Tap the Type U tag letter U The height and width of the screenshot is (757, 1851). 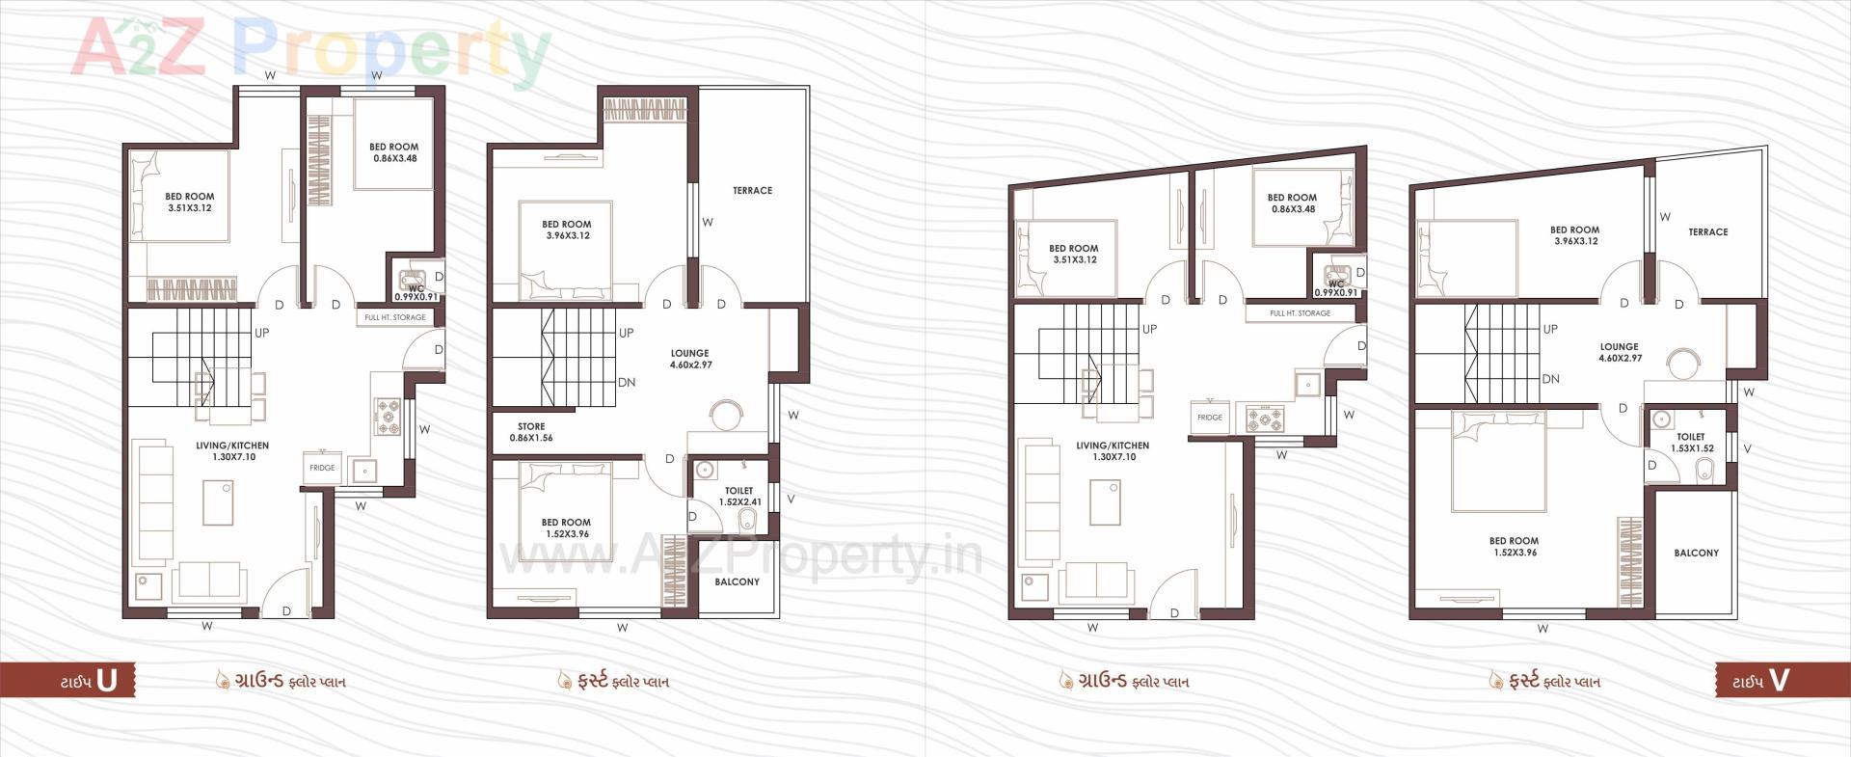107,681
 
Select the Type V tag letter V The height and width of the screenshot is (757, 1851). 1779,681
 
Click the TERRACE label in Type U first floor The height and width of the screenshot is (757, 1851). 752,191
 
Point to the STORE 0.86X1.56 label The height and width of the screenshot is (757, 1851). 531,432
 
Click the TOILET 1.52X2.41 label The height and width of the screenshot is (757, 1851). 739,497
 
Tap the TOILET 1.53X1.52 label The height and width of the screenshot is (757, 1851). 1691,443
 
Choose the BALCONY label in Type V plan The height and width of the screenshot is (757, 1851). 1696,554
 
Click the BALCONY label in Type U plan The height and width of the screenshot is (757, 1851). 737,582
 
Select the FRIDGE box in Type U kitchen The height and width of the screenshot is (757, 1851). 322,468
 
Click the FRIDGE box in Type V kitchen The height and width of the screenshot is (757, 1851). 1210,418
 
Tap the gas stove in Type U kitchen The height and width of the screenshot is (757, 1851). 388,416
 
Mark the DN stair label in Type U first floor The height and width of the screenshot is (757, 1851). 627,383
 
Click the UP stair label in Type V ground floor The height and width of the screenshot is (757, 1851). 1149,329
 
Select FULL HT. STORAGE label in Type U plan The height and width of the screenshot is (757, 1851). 395,317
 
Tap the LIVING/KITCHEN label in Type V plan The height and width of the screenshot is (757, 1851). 1113,451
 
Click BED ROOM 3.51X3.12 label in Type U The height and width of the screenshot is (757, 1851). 189,203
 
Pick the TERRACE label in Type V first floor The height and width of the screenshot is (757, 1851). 1707,232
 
